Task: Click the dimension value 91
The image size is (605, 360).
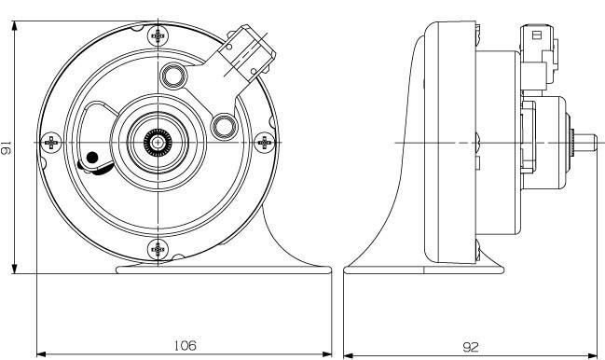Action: click(7, 147)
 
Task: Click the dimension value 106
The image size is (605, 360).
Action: click(186, 345)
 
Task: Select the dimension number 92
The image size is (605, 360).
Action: click(471, 347)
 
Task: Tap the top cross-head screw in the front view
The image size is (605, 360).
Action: click(158, 35)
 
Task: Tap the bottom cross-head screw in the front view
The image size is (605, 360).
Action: click(158, 249)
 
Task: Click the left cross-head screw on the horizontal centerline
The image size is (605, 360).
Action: click(51, 143)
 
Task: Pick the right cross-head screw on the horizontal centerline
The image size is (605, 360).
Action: click(265, 143)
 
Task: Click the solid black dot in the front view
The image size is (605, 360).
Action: click(92, 158)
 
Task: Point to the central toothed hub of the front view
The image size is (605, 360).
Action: click(158, 143)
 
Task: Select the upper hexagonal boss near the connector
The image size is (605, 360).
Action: click(173, 76)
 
